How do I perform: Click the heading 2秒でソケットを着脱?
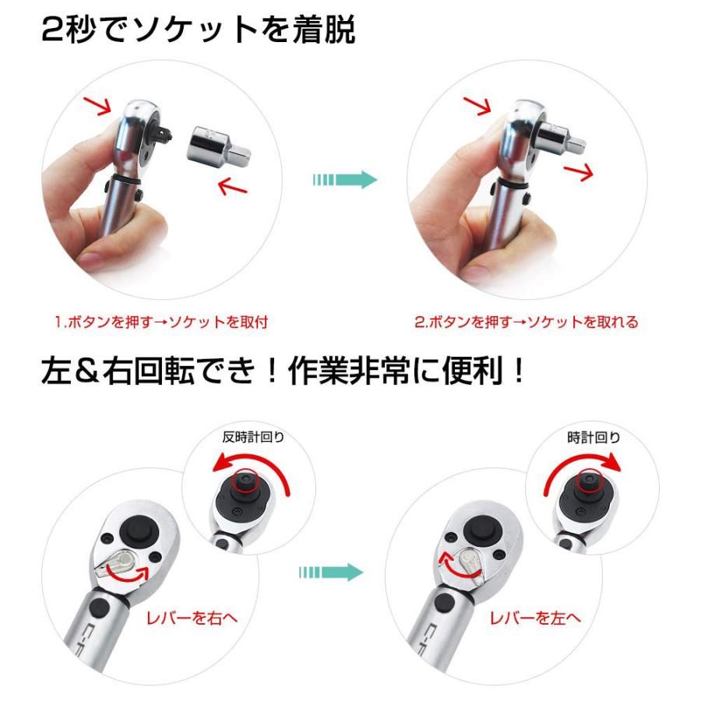click(x=198, y=31)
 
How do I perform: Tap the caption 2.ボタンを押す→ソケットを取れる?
click(x=526, y=322)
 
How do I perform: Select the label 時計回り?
click(x=594, y=437)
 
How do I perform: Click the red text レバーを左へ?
click(x=534, y=619)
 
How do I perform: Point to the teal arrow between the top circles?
click(x=343, y=180)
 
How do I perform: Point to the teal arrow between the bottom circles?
click(x=330, y=572)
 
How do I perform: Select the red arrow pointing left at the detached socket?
click(x=233, y=185)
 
